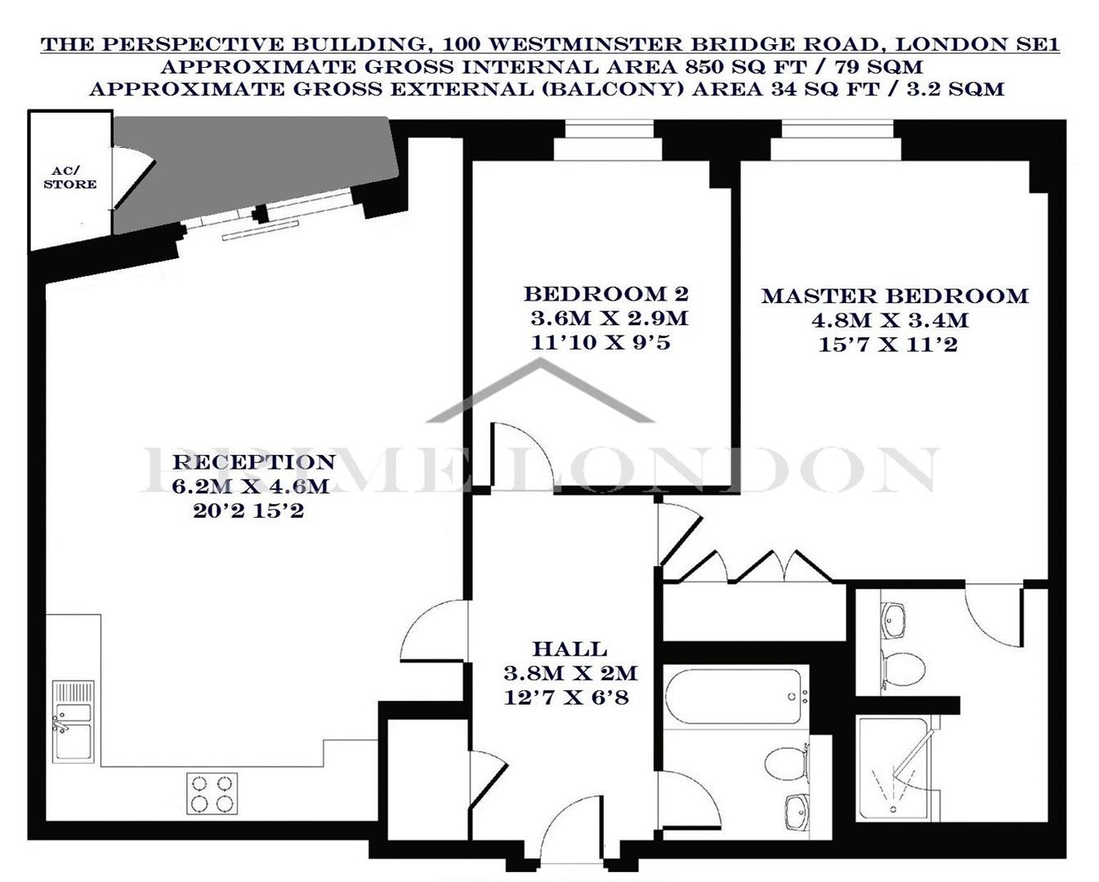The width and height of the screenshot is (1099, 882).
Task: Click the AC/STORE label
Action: (69, 178)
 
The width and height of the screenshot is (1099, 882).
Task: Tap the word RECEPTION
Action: (253, 462)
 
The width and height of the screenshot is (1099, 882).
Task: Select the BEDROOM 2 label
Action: (605, 293)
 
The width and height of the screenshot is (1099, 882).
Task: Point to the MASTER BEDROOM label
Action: (895, 296)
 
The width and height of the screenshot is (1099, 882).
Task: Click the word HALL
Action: (570, 649)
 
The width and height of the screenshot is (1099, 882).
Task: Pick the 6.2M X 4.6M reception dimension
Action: (250, 487)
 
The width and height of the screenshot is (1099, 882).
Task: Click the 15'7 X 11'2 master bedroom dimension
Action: (887, 345)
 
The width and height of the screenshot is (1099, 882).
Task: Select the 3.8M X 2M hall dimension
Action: (570, 674)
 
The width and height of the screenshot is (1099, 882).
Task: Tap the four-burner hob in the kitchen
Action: (212, 793)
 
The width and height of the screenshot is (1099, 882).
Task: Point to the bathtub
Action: (736, 697)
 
